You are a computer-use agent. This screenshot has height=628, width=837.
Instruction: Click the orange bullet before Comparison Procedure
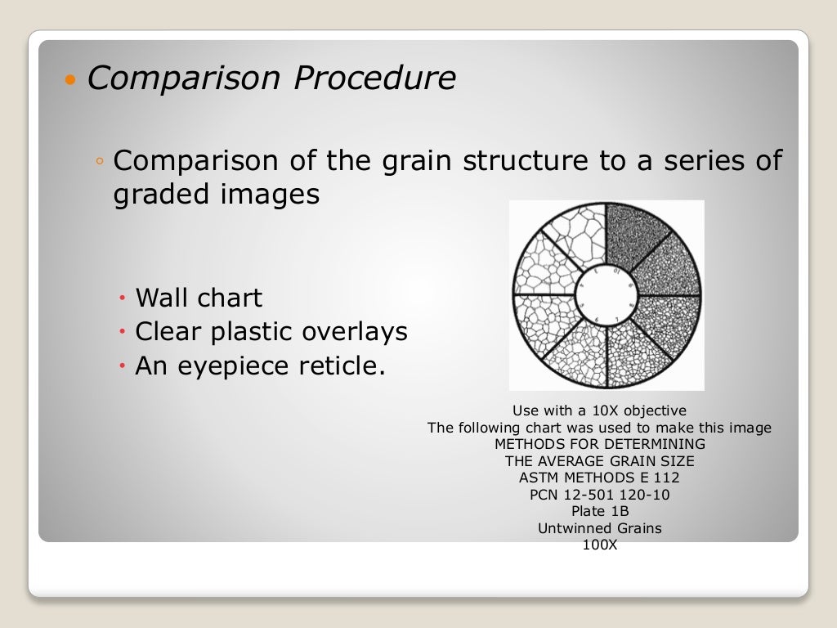click(69, 81)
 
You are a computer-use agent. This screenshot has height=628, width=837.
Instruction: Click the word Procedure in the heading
click(375, 78)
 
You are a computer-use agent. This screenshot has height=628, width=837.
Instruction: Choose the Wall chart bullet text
click(199, 298)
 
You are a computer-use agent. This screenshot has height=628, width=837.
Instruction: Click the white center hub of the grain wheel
click(606, 294)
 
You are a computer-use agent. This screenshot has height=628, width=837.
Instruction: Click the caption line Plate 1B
click(599, 512)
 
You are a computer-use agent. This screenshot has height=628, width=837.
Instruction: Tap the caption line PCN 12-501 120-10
click(599, 495)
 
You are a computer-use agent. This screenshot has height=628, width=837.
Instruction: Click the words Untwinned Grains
click(599, 528)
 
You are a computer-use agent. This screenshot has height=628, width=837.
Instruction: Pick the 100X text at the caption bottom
click(599, 545)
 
